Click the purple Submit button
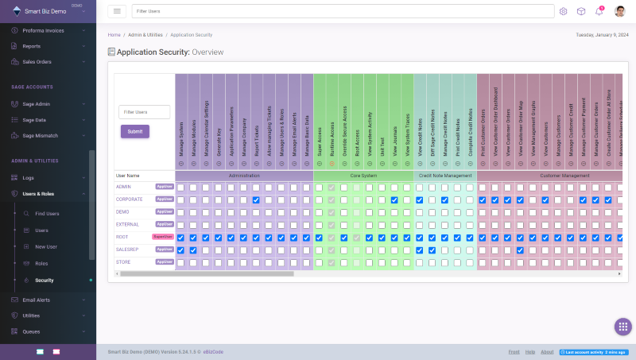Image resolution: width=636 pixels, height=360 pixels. tap(134, 131)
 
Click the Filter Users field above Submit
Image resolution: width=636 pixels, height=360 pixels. tap(144, 112)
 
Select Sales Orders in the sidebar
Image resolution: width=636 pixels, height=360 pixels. tap(37, 61)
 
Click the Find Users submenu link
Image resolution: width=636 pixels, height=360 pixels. tap(47, 214)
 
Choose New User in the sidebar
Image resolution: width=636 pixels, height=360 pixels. tap(46, 246)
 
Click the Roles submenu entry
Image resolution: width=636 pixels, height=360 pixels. tap(41, 263)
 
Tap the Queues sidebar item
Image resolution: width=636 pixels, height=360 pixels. tap(32, 331)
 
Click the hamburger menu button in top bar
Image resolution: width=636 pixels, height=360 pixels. tap(118, 11)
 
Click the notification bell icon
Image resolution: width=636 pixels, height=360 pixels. tap(599, 11)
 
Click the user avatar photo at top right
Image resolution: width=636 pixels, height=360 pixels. tap(619, 11)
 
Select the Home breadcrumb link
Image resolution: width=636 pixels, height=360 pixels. tap(114, 35)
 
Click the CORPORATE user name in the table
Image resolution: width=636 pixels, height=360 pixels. tap(129, 199)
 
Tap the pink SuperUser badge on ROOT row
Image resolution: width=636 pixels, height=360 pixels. tap(163, 237)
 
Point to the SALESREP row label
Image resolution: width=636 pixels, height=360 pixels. tap(128, 250)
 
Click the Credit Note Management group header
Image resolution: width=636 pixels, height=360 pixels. tap(444, 175)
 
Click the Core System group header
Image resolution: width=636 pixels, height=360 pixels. tap(363, 175)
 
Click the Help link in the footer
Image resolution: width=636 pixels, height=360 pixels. tap(529, 351)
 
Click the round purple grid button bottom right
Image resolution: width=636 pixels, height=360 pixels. tap(623, 327)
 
